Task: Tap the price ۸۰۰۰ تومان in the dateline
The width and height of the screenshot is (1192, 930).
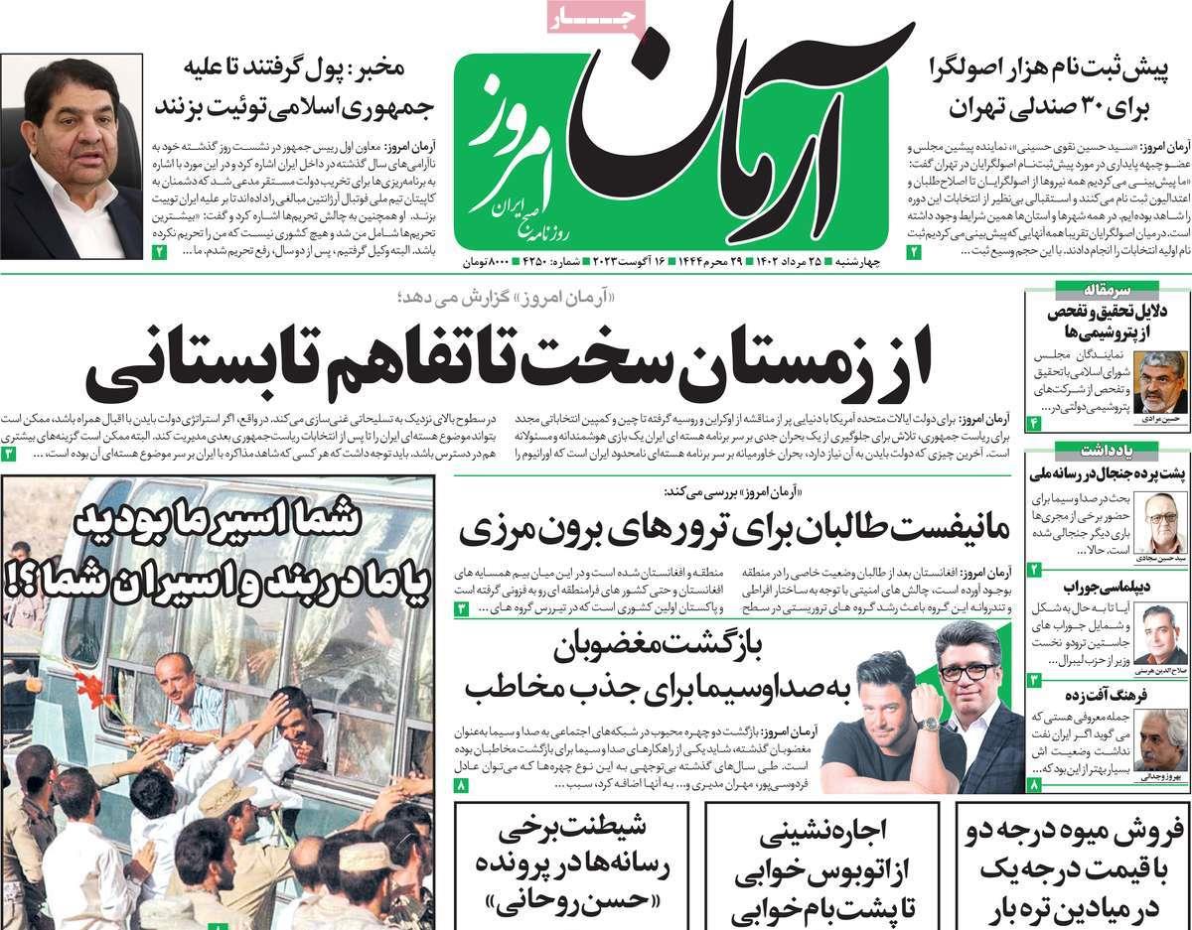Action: [486, 262]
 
